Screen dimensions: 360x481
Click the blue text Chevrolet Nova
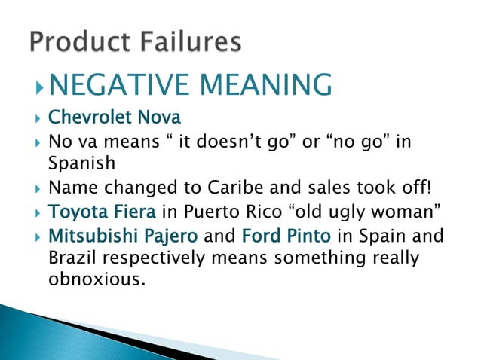pyautogui.click(x=115, y=118)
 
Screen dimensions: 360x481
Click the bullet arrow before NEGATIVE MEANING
pyautogui.click(x=40, y=85)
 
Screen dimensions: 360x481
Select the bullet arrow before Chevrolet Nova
pyautogui.click(x=33, y=119)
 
